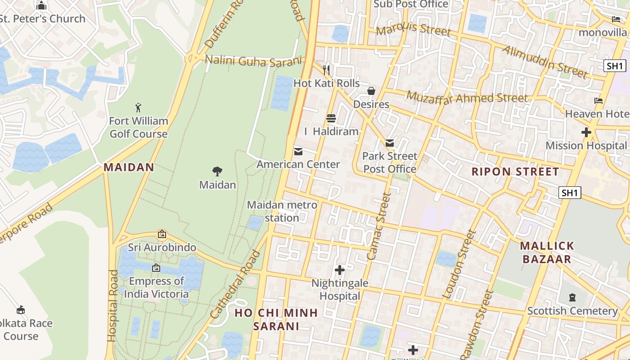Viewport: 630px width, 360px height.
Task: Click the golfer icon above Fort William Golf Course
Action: click(138, 108)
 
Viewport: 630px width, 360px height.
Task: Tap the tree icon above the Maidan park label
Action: click(217, 171)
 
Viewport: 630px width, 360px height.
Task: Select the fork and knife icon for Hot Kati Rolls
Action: click(327, 70)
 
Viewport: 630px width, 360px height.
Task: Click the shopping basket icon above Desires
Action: click(371, 91)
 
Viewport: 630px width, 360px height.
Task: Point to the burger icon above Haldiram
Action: click(331, 118)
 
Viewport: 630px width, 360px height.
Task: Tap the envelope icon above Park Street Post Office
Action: click(390, 143)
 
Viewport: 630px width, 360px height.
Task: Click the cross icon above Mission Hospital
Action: click(586, 132)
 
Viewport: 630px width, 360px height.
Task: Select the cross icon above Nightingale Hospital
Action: click(340, 270)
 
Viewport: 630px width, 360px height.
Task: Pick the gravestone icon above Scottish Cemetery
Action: click(572, 297)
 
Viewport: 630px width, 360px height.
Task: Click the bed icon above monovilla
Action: click(616, 19)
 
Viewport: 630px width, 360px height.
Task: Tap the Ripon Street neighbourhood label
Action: click(515, 171)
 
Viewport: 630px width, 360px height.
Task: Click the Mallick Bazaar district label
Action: click(547, 252)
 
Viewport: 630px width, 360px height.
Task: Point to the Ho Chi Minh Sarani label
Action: click(276, 319)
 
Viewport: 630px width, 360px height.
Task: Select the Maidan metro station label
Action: click(282, 211)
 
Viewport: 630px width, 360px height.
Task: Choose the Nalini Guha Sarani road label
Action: click(252, 61)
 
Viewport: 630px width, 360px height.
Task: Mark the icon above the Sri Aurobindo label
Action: click(162, 234)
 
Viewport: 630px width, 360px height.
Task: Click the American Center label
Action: click(298, 164)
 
